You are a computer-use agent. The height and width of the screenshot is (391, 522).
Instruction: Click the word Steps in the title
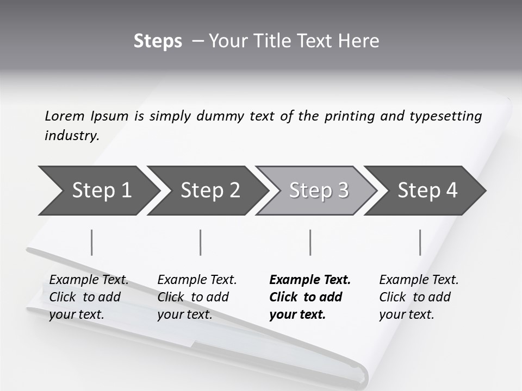pyautogui.click(x=158, y=41)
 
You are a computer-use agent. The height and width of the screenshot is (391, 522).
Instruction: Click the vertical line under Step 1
pyautogui.click(x=92, y=242)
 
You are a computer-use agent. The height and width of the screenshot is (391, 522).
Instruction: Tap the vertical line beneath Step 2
pyautogui.click(x=201, y=242)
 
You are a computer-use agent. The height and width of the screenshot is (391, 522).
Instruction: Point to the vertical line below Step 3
pyautogui.click(x=310, y=242)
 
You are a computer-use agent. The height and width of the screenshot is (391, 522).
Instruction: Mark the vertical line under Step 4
pyautogui.click(x=420, y=242)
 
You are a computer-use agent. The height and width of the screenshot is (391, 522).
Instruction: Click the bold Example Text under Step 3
pyautogui.click(x=310, y=297)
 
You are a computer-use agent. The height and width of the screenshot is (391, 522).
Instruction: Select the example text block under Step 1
pyautogui.click(x=89, y=297)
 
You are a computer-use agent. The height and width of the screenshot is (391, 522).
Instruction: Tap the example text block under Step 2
pyautogui.click(x=197, y=297)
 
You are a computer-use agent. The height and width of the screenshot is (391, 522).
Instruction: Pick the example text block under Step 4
pyautogui.click(x=419, y=297)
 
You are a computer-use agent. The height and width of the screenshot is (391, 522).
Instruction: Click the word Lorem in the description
pyautogui.click(x=65, y=116)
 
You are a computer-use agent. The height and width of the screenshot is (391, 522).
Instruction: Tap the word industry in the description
pyautogui.click(x=72, y=135)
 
